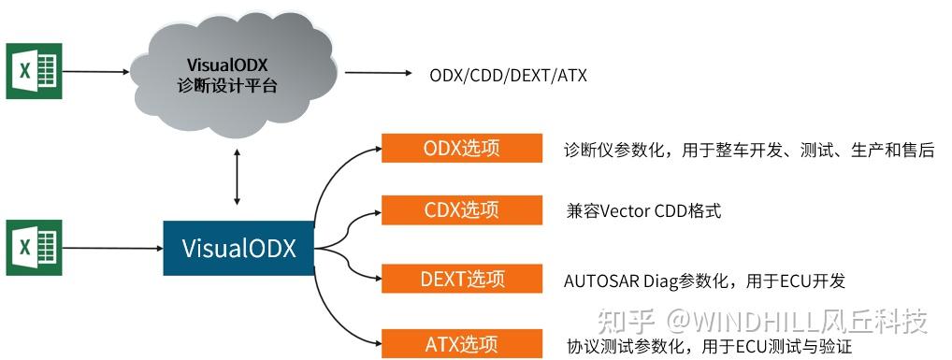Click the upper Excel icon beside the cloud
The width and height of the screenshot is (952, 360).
34,70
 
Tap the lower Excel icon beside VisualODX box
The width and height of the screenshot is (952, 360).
34,248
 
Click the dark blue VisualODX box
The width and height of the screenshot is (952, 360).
238,249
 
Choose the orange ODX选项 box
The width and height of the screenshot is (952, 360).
462,149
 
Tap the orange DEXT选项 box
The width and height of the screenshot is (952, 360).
462,279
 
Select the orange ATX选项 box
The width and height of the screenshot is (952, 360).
462,343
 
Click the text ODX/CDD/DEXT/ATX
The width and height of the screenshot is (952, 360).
508,74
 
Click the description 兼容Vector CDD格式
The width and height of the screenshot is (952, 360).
643,210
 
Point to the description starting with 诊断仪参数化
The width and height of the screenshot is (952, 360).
749,150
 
